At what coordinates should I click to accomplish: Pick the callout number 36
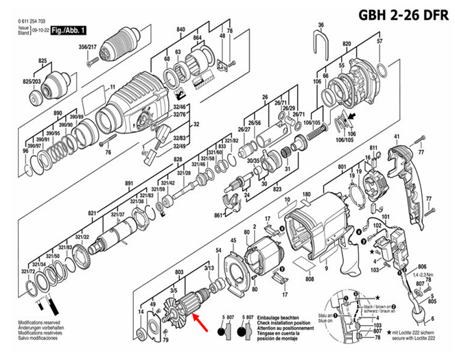click(x=320, y=25)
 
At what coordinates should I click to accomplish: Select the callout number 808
click(x=310, y=279)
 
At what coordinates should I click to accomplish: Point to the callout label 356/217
click(x=88, y=47)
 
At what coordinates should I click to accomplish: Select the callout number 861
click(x=218, y=215)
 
